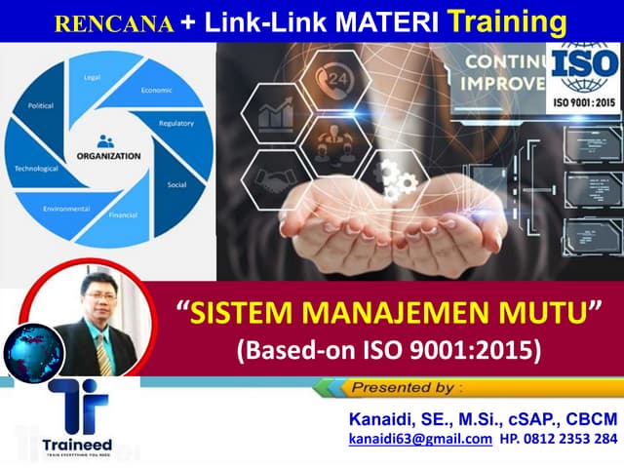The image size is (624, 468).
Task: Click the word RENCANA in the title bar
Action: pyautogui.click(x=114, y=21)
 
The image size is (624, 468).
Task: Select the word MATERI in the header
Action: pyautogui.click(x=375, y=20)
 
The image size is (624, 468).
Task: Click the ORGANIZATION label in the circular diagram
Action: pyautogui.click(x=108, y=155)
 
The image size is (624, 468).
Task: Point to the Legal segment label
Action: pyautogui.click(x=93, y=76)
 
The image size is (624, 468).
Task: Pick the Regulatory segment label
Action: pyautogui.click(x=176, y=123)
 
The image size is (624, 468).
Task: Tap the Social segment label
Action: pyautogui.click(x=176, y=183)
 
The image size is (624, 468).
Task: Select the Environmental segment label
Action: pyautogui.click(x=66, y=209)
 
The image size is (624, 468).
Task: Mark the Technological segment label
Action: pyautogui.click(x=37, y=168)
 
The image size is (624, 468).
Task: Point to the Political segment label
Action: pyautogui.click(x=41, y=103)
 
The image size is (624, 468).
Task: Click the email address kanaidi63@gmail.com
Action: pyautogui.click(x=420, y=440)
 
